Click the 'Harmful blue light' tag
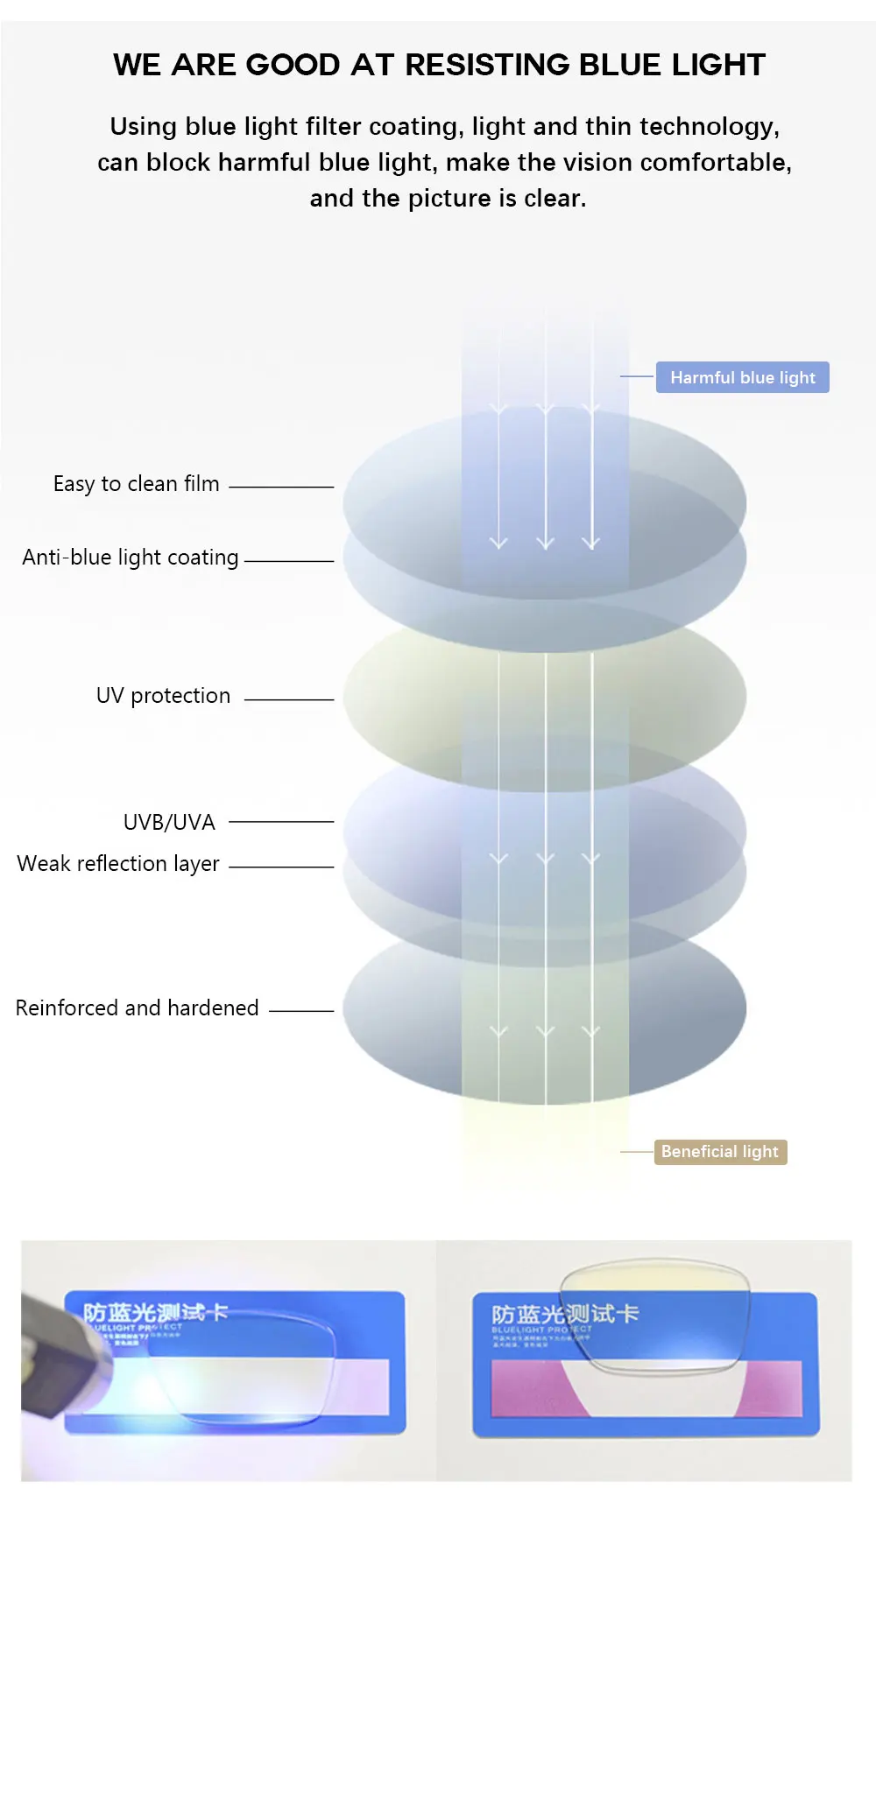tap(742, 377)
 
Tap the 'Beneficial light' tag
tap(720, 1152)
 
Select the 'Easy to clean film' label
tap(136, 484)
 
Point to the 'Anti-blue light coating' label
tap(131, 558)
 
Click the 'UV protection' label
tap(163, 696)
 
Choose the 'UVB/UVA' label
tap(169, 823)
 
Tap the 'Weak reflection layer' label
tap(118, 864)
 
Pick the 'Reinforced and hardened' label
tap(137, 1008)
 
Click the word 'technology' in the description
tap(707, 127)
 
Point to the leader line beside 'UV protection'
tap(289, 699)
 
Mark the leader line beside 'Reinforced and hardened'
tap(301, 1010)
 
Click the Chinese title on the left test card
tap(155, 1312)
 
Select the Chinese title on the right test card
tap(565, 1314)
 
